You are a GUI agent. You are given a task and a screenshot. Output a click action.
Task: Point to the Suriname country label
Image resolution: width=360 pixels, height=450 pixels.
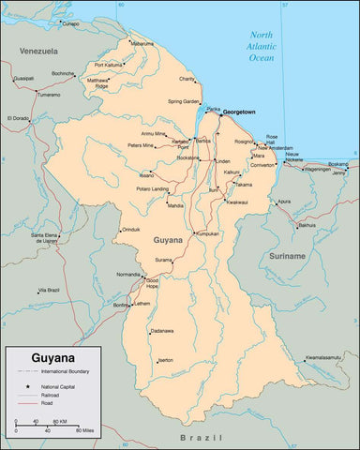[287, 256]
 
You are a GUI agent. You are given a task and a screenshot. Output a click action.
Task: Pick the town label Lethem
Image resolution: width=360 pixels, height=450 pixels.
[142, 304]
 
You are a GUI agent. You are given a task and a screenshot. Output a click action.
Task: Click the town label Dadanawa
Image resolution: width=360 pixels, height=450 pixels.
[161, 331]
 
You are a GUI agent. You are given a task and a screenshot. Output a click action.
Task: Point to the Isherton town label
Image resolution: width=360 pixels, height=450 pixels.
[164, 360]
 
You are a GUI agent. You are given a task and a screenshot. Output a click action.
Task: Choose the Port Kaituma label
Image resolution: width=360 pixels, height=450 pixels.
[110, 65]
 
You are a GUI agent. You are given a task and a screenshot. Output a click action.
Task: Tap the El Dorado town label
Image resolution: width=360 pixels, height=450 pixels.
[18, 118]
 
